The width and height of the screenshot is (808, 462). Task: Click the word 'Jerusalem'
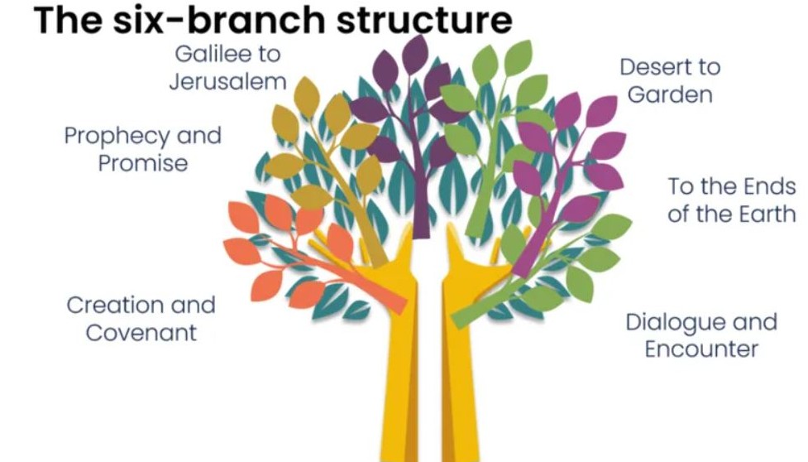coord(227,82)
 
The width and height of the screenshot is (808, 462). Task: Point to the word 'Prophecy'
coord(116,136)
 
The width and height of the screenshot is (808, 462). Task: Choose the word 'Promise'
coord(142,162)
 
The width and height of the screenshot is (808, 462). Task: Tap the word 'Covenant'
coord(141,333)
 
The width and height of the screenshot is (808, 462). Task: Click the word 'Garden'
coord(670,94)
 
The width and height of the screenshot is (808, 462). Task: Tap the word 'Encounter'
coord(701,349)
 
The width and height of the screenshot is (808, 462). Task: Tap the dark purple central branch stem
coord(421,190)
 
